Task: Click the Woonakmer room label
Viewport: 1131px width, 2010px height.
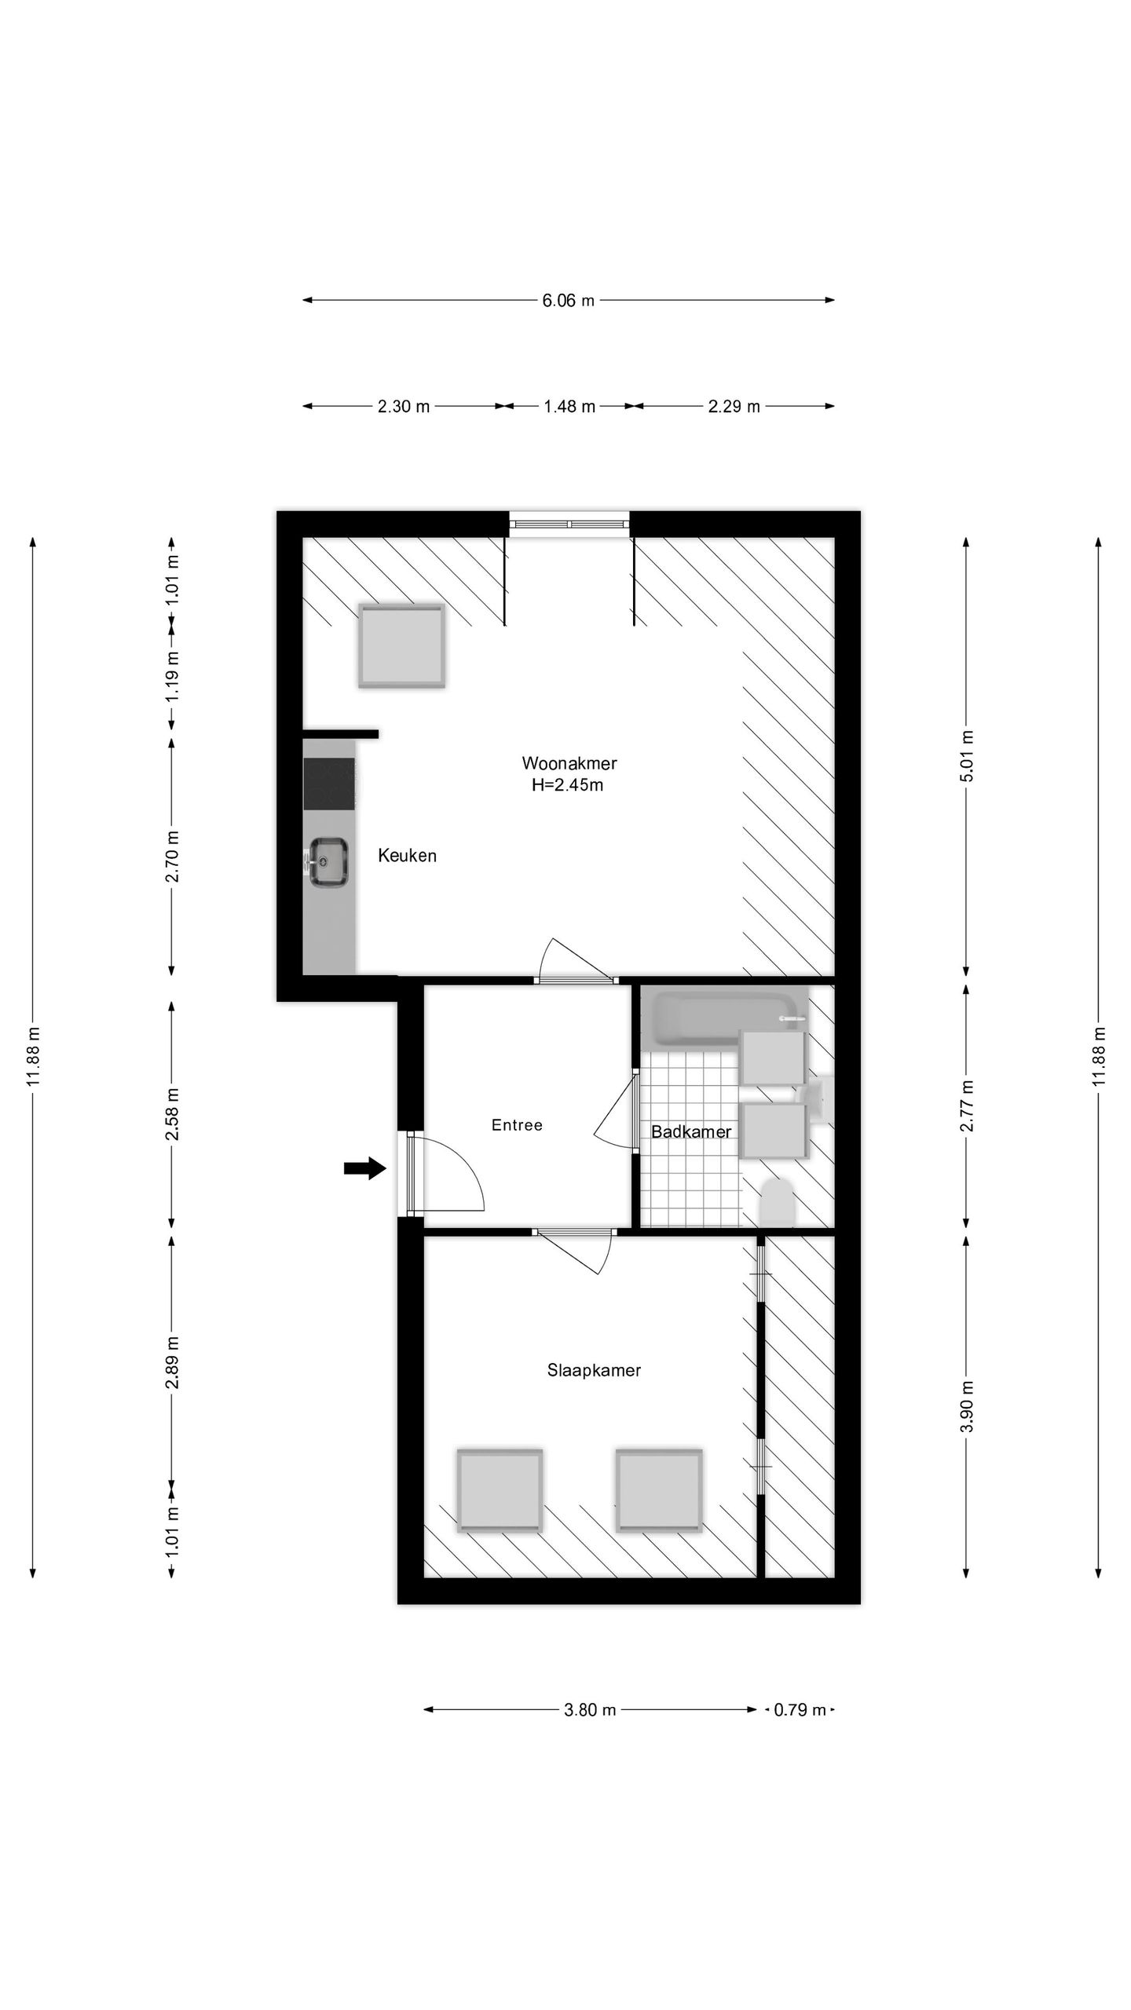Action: [569, 763]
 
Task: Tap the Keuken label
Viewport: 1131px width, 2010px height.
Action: [407, 856]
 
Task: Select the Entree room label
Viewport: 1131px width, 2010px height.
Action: [517, 1125]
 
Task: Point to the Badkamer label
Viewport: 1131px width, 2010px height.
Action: [691, 1131]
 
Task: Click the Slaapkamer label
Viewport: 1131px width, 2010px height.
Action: [594, 1370]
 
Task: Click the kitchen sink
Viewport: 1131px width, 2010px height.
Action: [327, 863]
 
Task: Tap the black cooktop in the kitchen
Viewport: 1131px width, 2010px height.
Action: [330, 784]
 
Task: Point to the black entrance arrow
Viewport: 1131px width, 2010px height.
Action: [365, 1169]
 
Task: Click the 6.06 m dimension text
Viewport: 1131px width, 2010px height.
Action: [568, 300]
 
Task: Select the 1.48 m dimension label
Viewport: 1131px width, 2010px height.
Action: [569, 407]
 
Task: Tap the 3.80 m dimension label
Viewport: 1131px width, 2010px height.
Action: [590, 1709]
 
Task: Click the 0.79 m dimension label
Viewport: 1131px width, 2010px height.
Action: [800, 1709]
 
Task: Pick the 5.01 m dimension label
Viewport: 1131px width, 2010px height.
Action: [967, 756]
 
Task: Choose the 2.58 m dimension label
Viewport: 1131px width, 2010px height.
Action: [172, 1113]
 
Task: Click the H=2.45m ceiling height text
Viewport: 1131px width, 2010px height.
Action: [567, 784]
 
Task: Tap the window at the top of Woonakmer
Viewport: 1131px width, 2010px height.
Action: [569, 523]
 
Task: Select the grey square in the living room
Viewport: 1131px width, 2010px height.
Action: [402, 645]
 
